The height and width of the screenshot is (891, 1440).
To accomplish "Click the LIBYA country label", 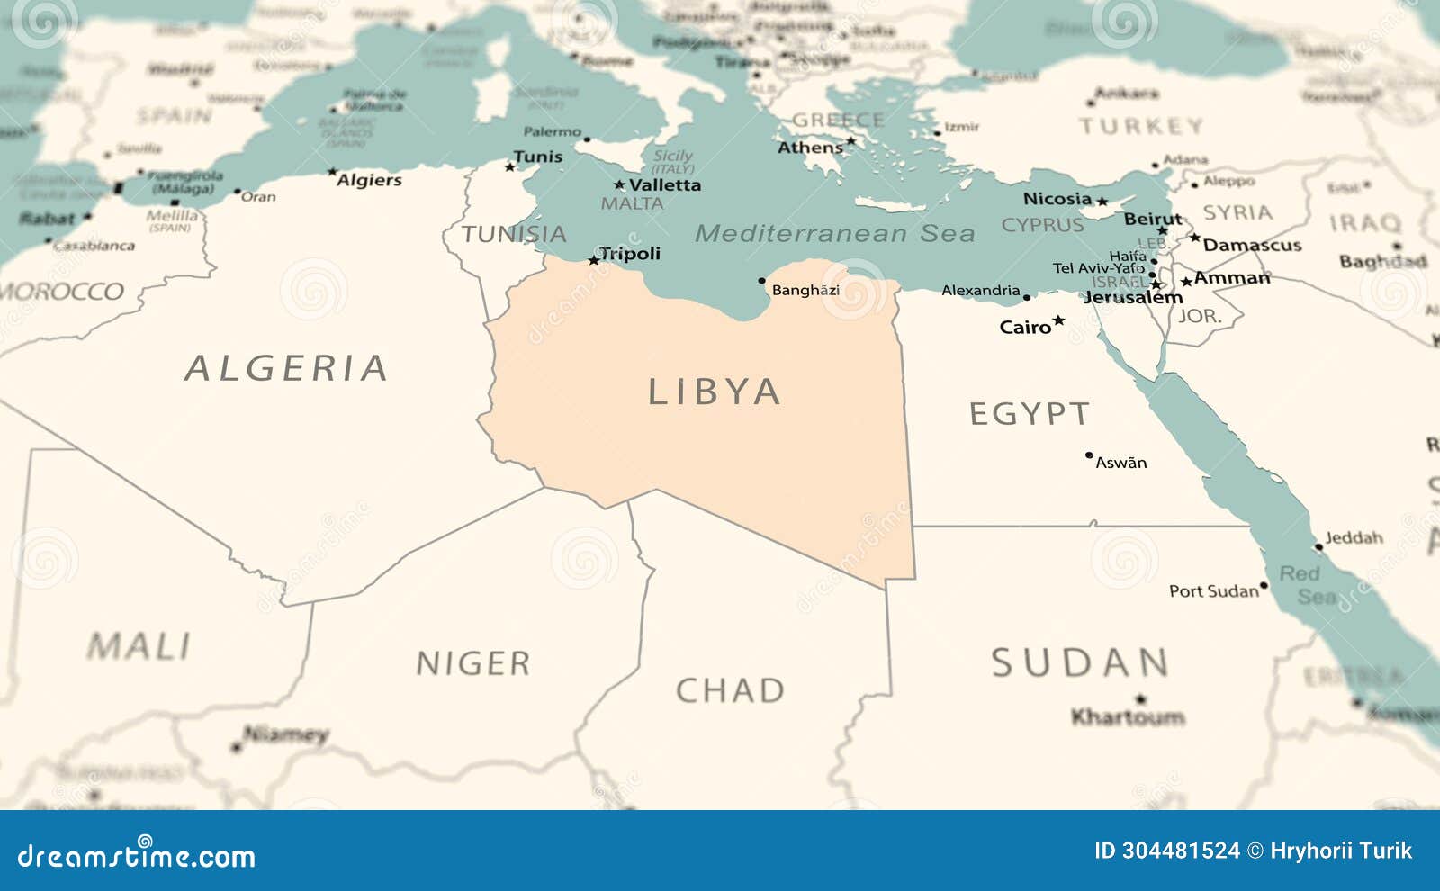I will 714,392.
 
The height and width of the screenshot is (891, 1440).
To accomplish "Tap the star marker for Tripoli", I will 593,260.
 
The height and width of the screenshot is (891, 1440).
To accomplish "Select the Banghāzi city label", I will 805,290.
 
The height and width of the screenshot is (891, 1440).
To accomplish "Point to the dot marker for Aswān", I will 1089,455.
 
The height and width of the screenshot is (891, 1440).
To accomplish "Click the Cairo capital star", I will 1059,320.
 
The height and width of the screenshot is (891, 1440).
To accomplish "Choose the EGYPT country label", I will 1030,414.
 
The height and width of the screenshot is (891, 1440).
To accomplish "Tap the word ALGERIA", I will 286,368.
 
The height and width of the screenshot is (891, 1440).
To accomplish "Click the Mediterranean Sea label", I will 834,234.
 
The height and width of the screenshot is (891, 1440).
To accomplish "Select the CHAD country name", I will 730,691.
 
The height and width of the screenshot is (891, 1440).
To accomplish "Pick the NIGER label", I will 472,664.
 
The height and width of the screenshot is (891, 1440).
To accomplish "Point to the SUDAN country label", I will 1080,663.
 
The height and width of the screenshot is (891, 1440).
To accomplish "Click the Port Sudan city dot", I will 1264,586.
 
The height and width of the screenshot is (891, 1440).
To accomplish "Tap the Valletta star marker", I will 619,185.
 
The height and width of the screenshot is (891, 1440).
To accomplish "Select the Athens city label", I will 810,148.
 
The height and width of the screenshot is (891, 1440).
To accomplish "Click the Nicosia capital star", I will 1102,201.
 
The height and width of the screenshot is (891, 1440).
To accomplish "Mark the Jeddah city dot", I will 1318,546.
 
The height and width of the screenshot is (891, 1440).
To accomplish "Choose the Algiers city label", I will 369,180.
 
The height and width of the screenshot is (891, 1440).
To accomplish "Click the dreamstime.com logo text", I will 136,855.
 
